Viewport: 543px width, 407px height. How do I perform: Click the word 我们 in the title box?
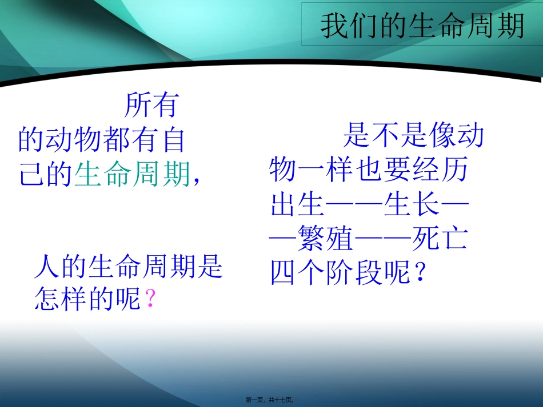pos(349,26)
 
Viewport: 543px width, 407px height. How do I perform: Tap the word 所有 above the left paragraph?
pos(151,105)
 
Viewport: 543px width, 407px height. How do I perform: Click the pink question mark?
pos(151,299)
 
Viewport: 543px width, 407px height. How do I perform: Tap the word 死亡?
pos(440,240)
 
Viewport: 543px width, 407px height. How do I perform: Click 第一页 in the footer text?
pos(257,401)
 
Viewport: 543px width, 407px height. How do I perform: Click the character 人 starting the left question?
pos(47,267)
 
